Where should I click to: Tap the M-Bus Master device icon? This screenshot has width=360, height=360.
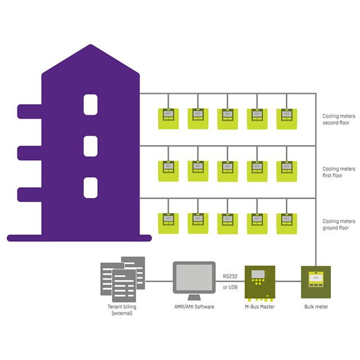(x=259, y=282)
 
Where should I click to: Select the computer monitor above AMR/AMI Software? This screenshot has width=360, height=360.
(x=194, y=279)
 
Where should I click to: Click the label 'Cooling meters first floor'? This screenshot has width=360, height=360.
(x=339, y=172)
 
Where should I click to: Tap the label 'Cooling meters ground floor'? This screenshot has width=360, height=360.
(x=339, y=224)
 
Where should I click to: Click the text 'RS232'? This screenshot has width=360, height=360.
(x=231, y=276)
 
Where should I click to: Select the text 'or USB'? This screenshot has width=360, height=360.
(x=231, y=287)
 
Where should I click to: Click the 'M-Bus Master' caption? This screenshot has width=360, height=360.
(x=259, y=307)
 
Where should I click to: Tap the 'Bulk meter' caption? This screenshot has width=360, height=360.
(x=316, y=307)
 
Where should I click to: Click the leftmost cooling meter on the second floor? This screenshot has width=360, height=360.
(x=167, y=118)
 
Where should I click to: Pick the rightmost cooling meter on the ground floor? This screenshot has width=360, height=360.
(x=286, y=224)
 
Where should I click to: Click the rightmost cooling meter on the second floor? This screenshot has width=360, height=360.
(x=286, y=118)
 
